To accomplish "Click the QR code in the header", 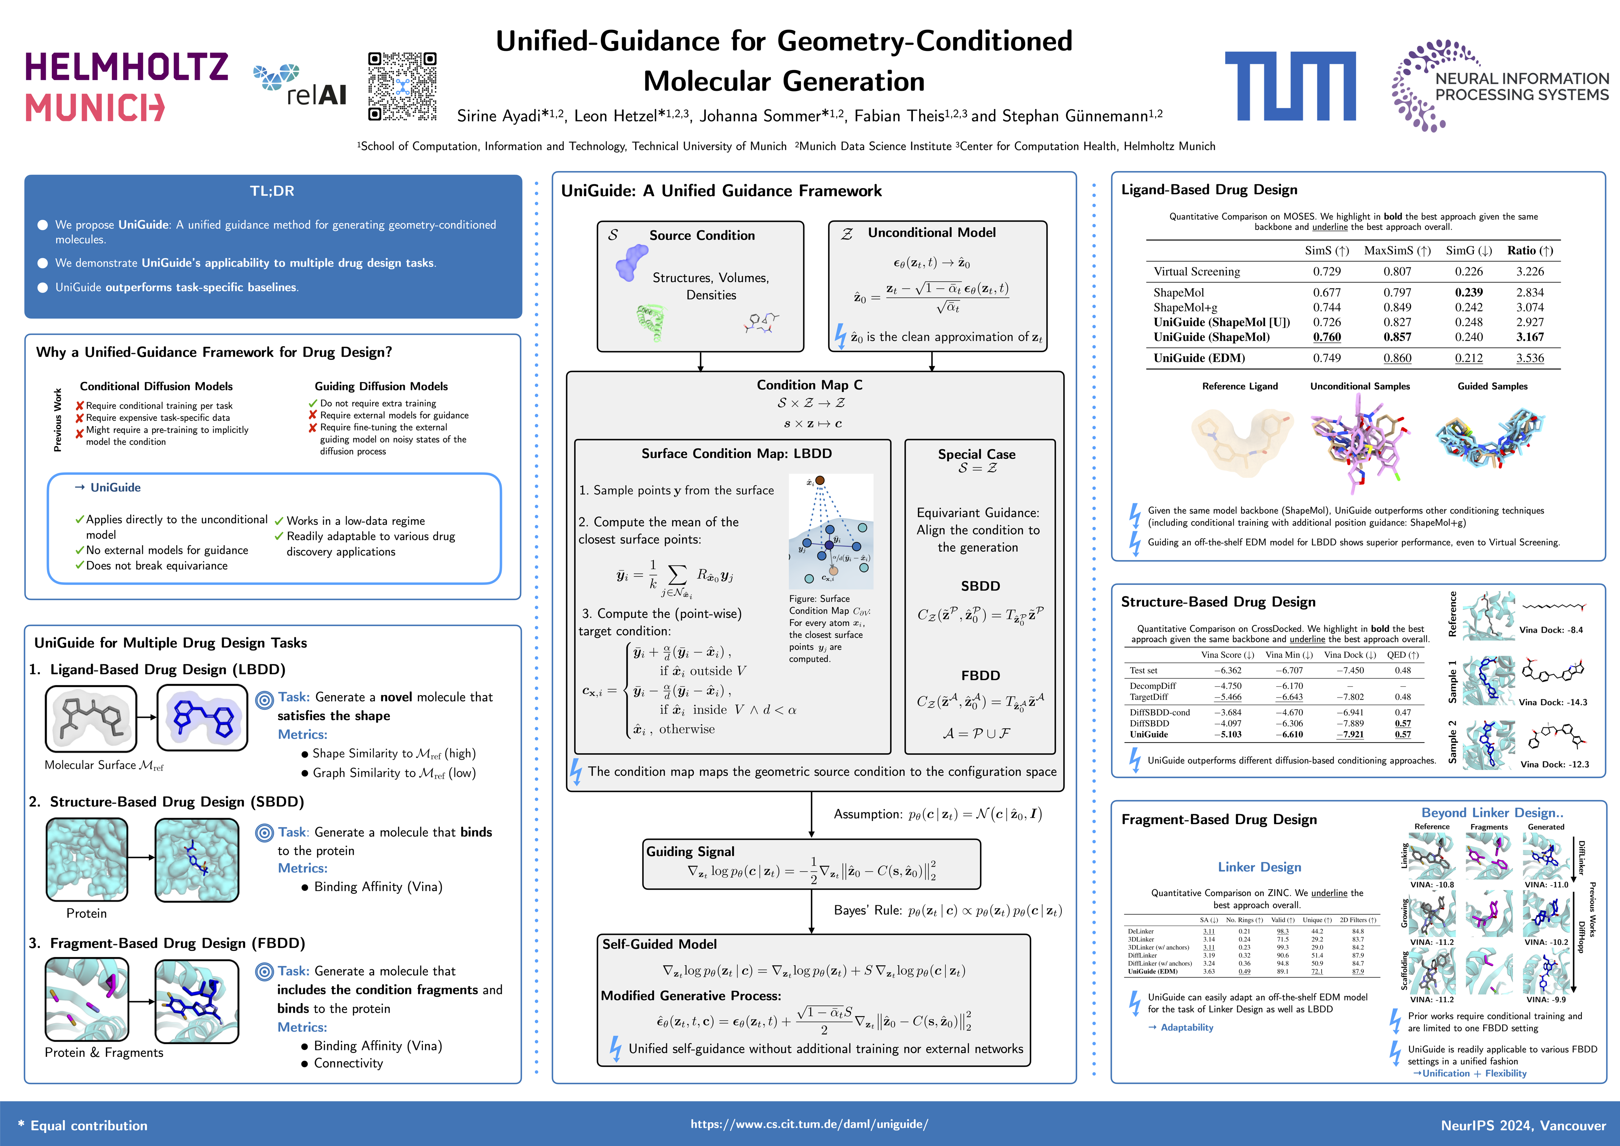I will coord(402,86).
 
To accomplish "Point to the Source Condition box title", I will coord(701,236).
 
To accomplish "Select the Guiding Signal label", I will coord(690,852).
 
